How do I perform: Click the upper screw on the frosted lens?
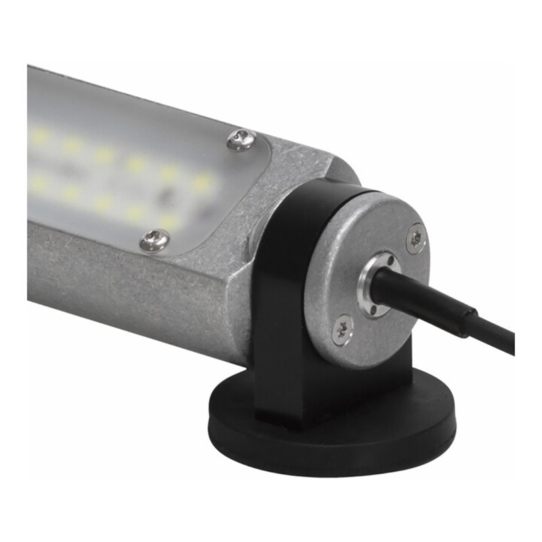241,139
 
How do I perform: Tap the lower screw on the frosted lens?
154,239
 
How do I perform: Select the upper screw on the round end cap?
415,238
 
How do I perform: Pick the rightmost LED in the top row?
202,182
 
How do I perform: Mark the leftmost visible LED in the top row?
39,135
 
